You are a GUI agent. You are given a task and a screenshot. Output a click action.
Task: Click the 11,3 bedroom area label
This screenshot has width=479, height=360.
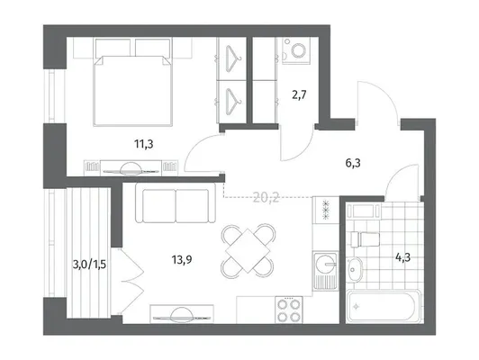[143, 144]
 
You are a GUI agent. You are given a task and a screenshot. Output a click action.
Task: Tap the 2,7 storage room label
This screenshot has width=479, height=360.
[299, 95]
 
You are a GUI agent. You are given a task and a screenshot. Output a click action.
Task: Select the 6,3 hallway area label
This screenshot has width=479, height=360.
[353, 164]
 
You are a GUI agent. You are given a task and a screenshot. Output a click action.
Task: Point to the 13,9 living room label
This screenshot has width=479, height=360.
[182, 260]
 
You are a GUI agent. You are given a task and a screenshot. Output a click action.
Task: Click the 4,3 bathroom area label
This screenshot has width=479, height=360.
[403, 257]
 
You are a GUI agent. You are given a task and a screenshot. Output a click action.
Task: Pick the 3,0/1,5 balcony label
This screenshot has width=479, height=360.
[89, 265]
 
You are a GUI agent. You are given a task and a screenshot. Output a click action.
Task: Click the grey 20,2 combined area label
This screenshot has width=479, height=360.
[267, 199]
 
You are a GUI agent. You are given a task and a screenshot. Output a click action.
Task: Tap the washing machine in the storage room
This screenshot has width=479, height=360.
[296, 50]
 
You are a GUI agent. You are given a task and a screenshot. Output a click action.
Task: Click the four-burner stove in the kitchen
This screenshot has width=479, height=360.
[289, 310]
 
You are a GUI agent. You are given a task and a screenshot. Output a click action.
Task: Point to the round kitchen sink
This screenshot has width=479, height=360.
[325, 264]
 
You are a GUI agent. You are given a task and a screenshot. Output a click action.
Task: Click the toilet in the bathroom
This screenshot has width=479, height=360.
[365, 238]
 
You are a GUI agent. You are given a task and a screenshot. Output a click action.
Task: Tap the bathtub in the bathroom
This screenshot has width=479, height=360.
[384, 306]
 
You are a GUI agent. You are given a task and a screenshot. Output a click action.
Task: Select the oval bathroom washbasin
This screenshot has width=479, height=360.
[355, 269]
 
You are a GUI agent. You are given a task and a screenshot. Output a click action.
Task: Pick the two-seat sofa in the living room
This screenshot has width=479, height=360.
[176, 202]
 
